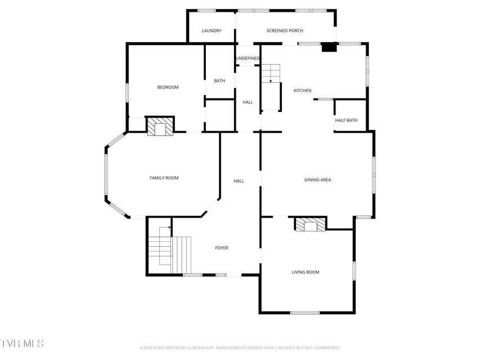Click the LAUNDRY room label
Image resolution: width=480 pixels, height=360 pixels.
point(211,30)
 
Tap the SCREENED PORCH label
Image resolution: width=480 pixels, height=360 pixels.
point(285,30)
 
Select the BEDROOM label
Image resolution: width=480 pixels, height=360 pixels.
point(168,87)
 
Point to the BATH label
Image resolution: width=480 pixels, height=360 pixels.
point(219,81)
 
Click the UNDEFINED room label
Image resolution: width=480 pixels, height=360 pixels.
point(248,58)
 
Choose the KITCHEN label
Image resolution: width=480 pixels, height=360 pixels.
point(302,91)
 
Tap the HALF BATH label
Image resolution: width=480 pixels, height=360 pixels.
point(346,120)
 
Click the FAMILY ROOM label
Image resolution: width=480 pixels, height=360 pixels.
point(164,178)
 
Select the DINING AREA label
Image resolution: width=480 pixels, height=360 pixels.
point(317,180)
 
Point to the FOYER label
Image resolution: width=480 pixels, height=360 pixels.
point(222,248)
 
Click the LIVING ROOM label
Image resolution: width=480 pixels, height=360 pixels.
point(305,272)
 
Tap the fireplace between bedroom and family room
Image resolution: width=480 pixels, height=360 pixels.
point(160,126)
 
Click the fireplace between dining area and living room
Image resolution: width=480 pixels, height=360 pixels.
point(311,224)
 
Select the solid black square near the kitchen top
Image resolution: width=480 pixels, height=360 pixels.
point(329,47)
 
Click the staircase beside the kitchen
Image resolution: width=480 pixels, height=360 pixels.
point(271,87)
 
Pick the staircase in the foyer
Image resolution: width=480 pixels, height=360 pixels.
point(170,250)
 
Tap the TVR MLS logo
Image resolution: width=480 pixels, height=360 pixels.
point(22,344)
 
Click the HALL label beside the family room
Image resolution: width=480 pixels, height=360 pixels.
point(239,181)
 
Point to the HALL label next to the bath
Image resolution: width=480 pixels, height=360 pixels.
point(248,102)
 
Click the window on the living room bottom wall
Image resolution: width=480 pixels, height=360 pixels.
point(304,313)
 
